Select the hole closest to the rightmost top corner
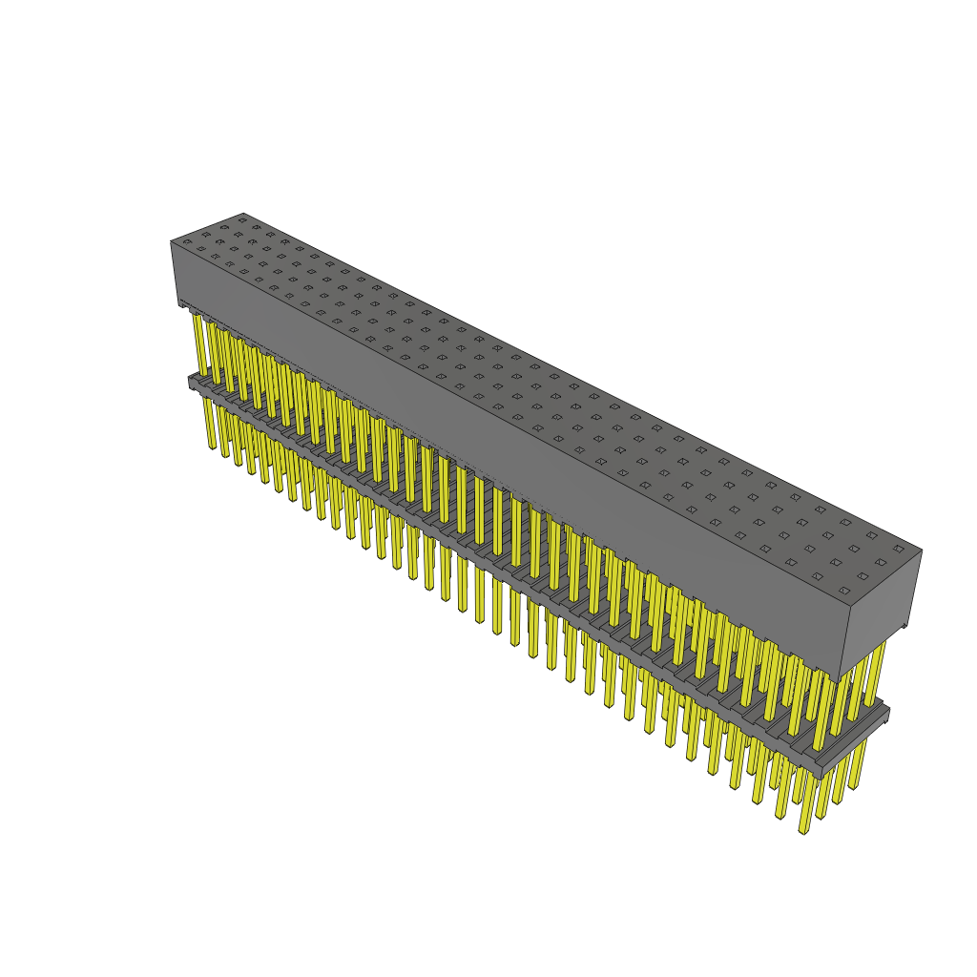tap(898, 549)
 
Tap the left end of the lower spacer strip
tap(192, 381)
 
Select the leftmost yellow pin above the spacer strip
tap(198, 343)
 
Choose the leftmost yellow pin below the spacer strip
tap(210, 425)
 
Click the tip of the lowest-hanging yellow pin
tap(804, 831)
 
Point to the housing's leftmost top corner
tap(171, 241)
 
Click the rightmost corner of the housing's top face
tap(922, 551)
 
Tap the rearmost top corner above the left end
tap(243, 213)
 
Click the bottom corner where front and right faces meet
tap(842, 678)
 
